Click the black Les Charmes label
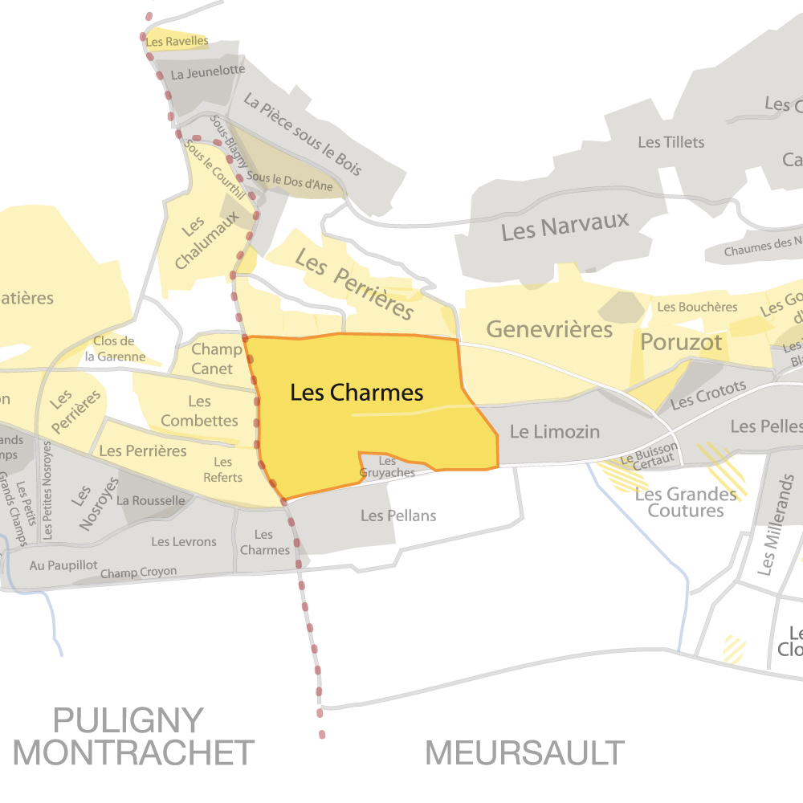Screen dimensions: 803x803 [357, 393]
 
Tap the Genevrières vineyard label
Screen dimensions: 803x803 [549, 329]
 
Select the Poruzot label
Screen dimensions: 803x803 [681, 343]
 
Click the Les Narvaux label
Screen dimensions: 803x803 [565, 226]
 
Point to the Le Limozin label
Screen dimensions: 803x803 [555, 432]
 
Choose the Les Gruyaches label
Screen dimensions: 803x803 [387, 467]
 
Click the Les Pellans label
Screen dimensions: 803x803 [398, 515]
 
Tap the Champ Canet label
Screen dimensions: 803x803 [217, 359]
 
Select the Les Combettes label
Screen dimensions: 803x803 [199, 410]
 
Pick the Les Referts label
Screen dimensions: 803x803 [223, 470]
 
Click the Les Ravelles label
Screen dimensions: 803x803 [177, 41]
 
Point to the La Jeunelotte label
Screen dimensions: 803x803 [208, 71]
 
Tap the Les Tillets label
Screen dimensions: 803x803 [671, 142]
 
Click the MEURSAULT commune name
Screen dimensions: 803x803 [525, 753]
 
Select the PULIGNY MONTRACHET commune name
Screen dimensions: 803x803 [133, 736]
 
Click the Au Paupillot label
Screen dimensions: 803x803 [63, 565]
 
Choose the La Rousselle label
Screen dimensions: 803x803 [150, 500]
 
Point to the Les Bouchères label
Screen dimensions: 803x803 [697, 307]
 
